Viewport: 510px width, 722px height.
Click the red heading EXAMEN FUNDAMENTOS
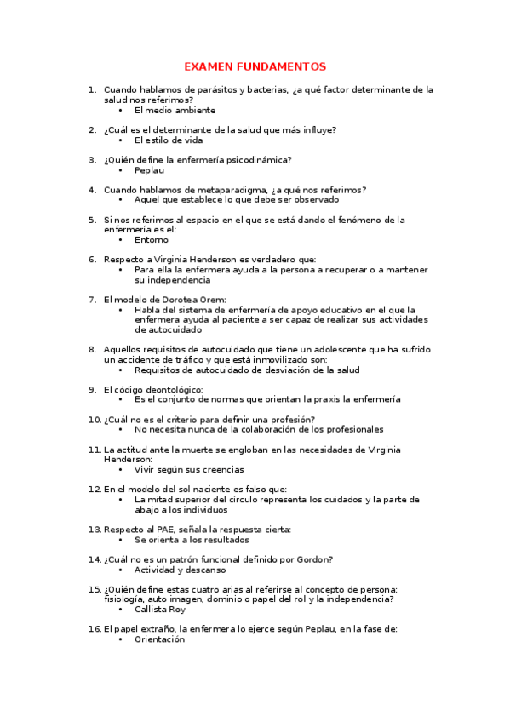255,66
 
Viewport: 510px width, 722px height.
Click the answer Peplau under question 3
149,170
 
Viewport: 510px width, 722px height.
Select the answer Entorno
152,240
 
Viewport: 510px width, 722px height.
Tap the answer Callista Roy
160,610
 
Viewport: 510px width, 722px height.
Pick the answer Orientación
159,639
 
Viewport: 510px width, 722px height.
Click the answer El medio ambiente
175,110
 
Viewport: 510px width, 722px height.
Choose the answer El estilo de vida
169,140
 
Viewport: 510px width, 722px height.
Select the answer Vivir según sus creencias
189,469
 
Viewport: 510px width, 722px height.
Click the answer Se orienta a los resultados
192,540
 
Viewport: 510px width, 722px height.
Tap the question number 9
93,390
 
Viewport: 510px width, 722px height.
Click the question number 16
95,629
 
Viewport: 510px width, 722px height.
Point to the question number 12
95,490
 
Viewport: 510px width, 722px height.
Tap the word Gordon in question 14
316,559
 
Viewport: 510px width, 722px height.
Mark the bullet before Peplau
121,170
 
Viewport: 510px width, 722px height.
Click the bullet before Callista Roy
121,610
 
